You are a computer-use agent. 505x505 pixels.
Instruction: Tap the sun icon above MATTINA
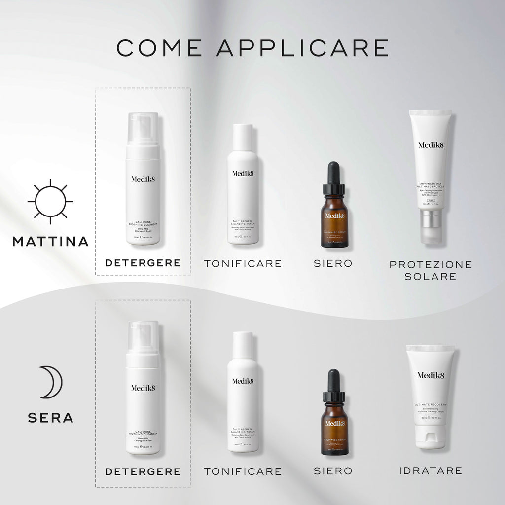50,202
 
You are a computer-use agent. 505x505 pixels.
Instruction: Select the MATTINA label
50,241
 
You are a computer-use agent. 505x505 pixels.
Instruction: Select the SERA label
50,418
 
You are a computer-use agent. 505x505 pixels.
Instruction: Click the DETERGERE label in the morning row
143,263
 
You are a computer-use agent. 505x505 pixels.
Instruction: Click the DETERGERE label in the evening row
143,471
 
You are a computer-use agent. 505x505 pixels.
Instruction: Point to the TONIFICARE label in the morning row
243,263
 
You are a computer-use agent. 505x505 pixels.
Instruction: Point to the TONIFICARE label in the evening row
243,471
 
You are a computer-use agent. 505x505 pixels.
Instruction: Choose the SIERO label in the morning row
333,263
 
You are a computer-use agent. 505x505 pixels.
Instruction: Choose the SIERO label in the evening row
333,471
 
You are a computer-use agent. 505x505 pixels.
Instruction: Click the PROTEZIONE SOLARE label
431,270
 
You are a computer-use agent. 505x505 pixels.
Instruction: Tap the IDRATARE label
431,470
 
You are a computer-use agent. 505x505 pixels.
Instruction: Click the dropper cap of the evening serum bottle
334,387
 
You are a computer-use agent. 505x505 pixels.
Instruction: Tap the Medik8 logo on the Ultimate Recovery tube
431,375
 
